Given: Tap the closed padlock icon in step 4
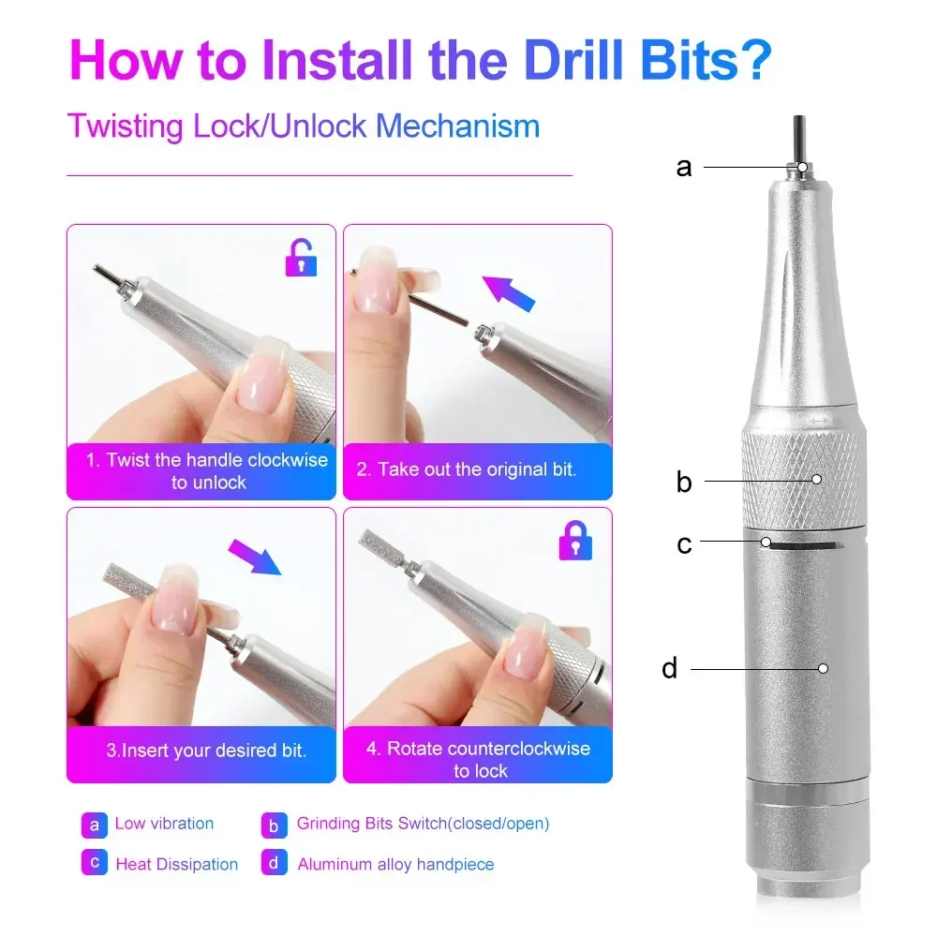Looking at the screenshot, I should point(574,541).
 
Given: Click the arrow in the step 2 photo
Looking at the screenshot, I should point(509,291).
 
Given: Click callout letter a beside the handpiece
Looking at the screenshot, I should point(684,167).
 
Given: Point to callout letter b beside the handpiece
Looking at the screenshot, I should point(684,482).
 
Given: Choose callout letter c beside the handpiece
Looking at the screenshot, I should point(684,543).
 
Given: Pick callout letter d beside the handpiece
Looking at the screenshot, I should point(669,668).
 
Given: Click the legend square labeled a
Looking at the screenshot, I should point(94,825).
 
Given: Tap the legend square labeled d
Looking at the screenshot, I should point(274,863).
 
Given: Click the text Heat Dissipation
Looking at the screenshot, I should point(176,864).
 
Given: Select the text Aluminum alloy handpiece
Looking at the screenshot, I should point(395,864).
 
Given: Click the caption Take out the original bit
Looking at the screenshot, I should point(466,469).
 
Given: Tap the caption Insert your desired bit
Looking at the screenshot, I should point(206,751).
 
